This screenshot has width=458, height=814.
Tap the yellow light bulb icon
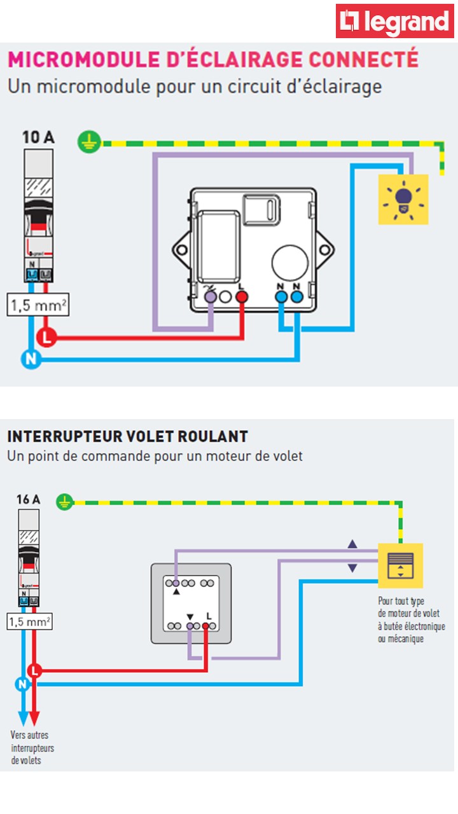[x=403, y=199]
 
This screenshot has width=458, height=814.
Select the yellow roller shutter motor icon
[x=400, y=565]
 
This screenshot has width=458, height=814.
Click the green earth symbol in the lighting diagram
[x=90, y=141]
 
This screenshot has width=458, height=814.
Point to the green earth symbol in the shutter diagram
[x=64, y=502]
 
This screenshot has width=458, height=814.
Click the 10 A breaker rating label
[x=38, y=137]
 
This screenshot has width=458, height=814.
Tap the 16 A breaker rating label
[x=28, y=499]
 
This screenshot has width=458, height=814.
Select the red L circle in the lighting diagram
[x=46, y=337]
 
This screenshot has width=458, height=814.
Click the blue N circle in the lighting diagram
[x=30, y=359]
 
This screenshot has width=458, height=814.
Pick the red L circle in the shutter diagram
[x=35, y=670]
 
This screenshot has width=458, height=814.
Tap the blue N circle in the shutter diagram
[x=22, y=684]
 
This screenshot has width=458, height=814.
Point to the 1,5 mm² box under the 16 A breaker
[x=30, y=621]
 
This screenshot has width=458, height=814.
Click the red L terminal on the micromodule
[x=241, y=296]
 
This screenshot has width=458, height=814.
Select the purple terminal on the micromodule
[x=210, y=296]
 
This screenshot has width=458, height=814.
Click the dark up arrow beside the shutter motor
[x=352, y=545]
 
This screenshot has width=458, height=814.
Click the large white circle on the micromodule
[x=290, y=262]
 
